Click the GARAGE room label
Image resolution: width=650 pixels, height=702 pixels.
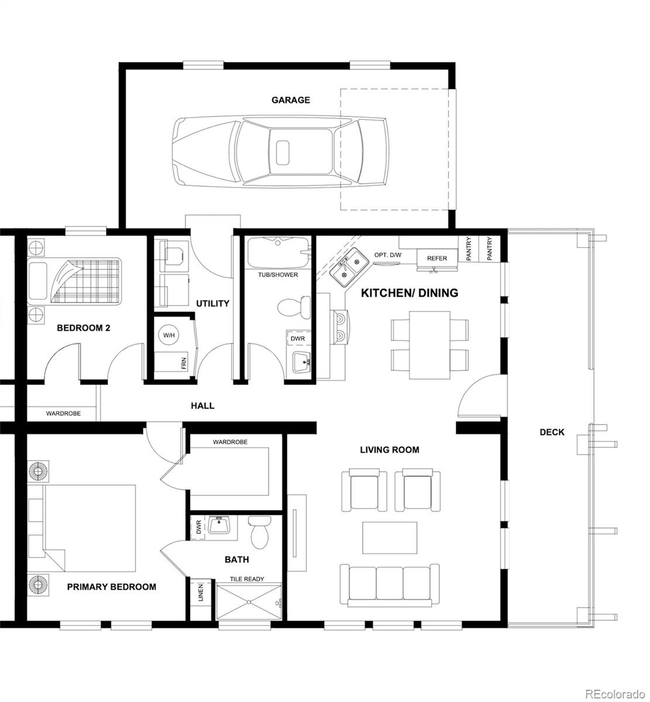pos(291,100)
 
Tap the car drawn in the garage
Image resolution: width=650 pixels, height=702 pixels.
pos(280,152)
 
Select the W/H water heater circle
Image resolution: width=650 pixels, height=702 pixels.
pos(169,335)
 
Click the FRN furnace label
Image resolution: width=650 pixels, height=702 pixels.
pos(184,363)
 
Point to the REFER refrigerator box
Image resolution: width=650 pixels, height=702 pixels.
pos(437,259)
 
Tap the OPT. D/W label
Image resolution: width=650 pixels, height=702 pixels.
pos(388,255)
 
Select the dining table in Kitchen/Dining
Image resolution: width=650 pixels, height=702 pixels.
pos(429,345)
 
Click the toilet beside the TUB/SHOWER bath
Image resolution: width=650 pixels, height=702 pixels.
pos(294,307)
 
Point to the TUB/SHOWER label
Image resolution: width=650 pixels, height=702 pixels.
pos(278,274)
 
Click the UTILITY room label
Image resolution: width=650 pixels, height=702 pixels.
pos(212,303)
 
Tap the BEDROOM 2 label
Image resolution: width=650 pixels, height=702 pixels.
pos(84,328)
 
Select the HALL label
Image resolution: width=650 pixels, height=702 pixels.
pos(202,405)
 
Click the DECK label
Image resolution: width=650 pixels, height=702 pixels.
pos(552,432)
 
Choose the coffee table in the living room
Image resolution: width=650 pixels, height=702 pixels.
pos(390,538)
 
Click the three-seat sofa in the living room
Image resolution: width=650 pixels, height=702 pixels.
pos(390,586)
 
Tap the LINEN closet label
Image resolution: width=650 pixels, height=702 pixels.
pos(201,593)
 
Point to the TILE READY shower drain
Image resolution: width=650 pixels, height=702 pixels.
pos(249,601)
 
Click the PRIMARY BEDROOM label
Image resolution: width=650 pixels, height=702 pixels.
pos(112,587)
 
